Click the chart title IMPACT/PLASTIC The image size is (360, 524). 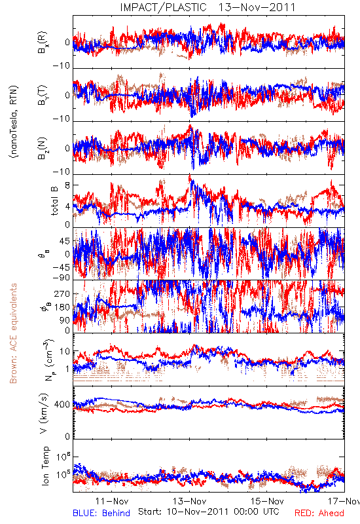coord(163,7)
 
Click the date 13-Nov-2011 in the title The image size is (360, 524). coord(257,7)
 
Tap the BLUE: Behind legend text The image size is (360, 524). coord(101,513)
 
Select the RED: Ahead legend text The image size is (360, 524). coord(319,513)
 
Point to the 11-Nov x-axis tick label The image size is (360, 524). coord(111,501)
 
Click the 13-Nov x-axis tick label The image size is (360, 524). coord(190,501)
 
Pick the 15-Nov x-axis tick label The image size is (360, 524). coord(267,501)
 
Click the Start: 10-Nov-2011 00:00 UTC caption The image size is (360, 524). coord(209,512)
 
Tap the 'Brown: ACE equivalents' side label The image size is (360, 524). coord(13,333)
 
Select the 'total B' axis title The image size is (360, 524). coord(54,200)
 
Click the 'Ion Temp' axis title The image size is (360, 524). coord(45,466)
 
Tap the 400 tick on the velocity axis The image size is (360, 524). coord(62,405)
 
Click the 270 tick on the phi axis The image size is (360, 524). coord(62,293)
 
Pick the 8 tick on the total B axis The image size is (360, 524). coord(67,185)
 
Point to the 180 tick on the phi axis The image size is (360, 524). coord(62,307)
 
